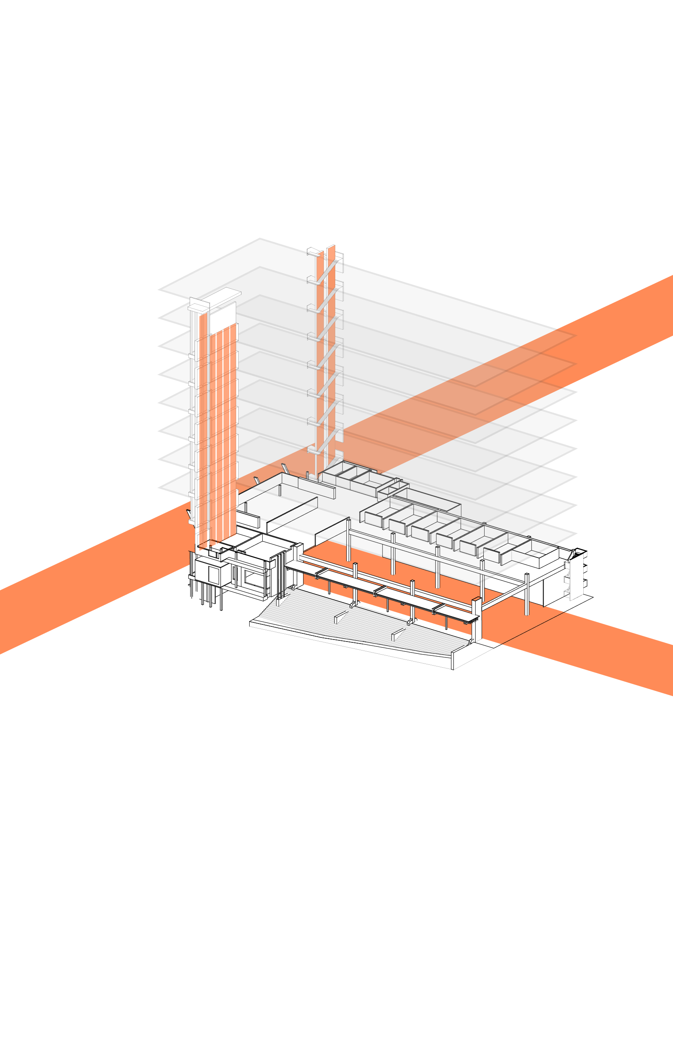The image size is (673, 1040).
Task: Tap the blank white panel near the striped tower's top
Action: point(223,318)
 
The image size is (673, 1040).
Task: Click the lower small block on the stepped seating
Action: point(398,634)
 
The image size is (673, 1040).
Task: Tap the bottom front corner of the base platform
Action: point(453,669)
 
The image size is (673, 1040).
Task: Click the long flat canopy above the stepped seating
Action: point(380,590)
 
